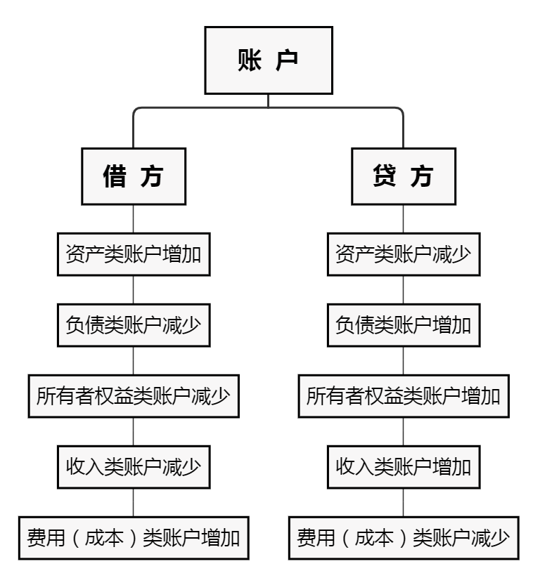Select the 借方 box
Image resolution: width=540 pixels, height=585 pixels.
133,176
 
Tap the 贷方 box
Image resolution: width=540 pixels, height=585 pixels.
403,176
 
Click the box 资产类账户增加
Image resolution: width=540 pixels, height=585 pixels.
133,253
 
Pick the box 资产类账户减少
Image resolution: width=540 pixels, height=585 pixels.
403,253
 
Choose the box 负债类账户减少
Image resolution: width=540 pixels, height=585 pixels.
133,325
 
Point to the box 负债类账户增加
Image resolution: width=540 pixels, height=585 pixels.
403,325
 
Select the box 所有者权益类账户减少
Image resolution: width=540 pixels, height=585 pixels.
133,397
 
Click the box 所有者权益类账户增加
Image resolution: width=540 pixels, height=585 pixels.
403,397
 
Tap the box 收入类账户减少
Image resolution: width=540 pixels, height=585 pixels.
133,467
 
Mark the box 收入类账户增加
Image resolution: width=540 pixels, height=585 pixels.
403,467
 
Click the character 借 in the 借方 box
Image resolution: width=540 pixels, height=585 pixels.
115,176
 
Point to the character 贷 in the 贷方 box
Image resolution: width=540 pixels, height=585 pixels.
384,176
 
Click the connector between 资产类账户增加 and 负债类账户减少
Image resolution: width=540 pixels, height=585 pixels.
133,289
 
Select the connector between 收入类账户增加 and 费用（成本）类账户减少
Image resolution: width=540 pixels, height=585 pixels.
403,504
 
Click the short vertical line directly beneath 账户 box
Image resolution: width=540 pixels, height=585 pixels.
268,100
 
